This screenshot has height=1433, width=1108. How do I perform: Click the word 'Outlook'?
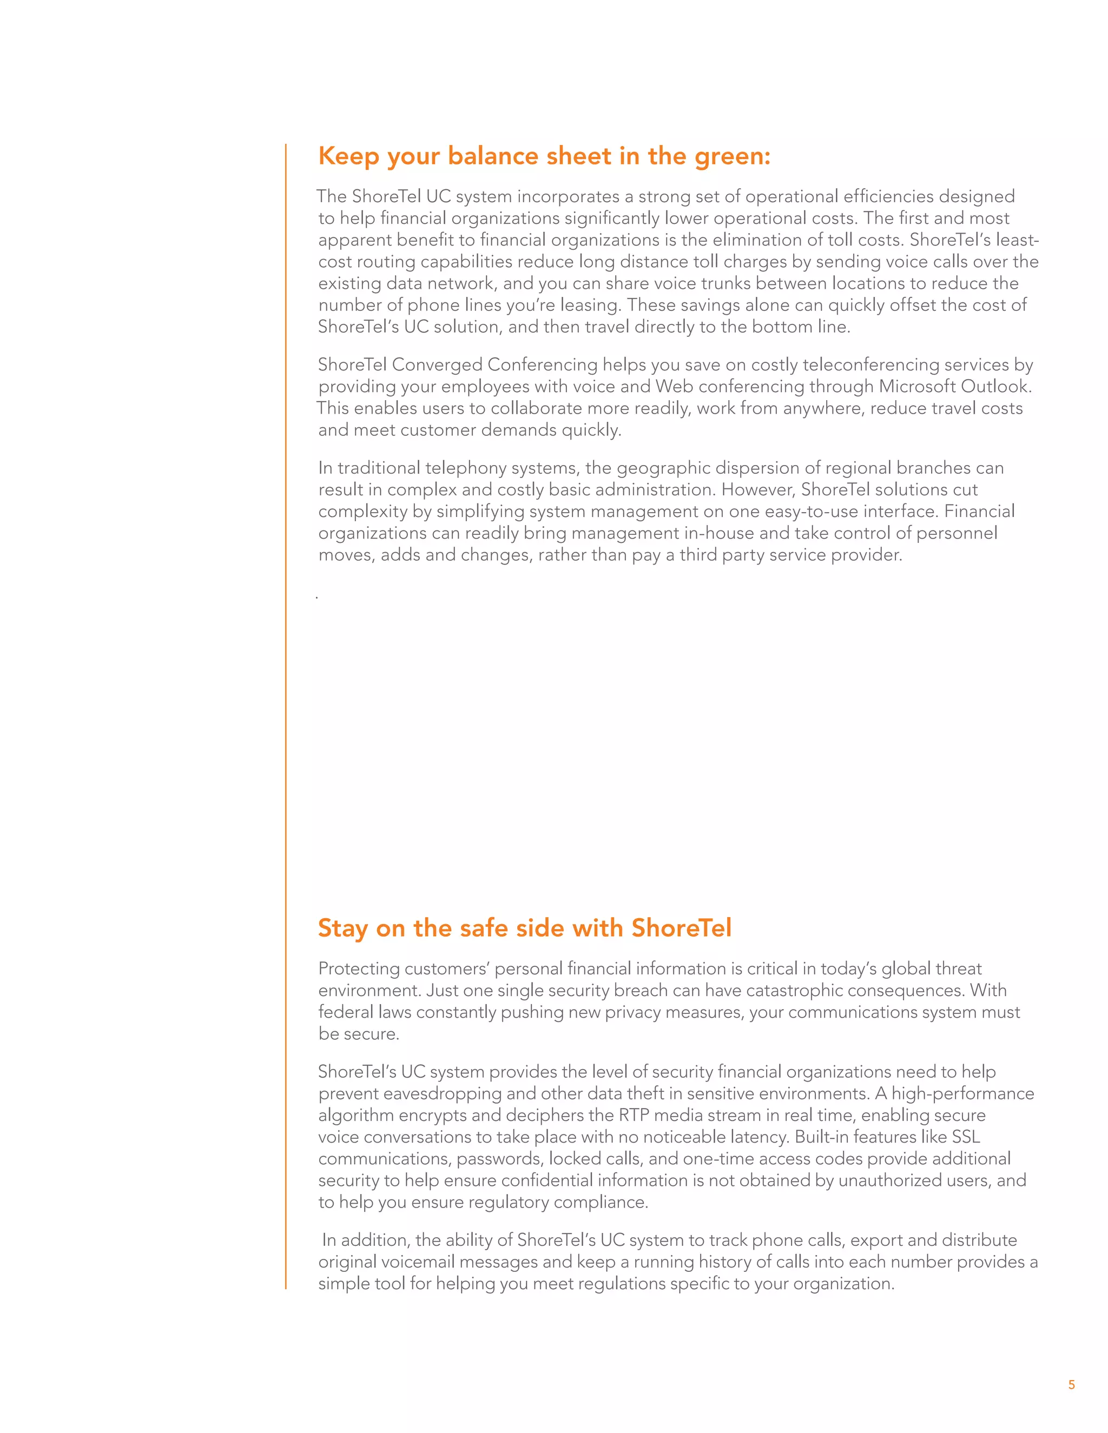[995, 387]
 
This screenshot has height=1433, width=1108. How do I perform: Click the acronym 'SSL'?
[966, 1137]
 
